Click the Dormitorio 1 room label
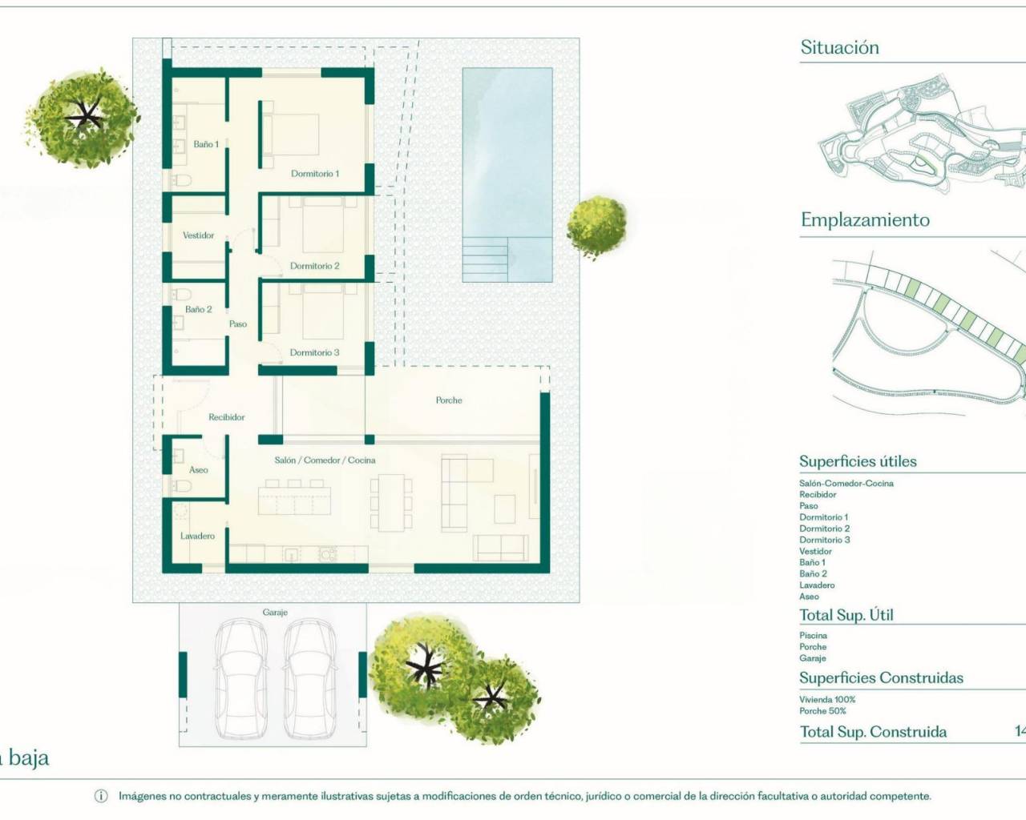click(315, 174)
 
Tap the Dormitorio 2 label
click(315, 266)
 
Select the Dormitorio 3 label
click(315, 352)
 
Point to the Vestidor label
click(199, 235)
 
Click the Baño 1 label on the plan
click(206, 144)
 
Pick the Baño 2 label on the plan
click(199, 309)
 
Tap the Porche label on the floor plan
click(449, 400)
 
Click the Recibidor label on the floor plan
click(227, 417)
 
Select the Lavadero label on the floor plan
click(197, 536)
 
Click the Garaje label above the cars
click(275, 613)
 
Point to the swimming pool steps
click(485, 259)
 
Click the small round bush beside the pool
click(596, 227)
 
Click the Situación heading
click(839, 48)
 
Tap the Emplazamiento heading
click(865, 220)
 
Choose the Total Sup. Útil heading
click(846, 615)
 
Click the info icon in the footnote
click(101, 796)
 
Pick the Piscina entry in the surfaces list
click(813, 636)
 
